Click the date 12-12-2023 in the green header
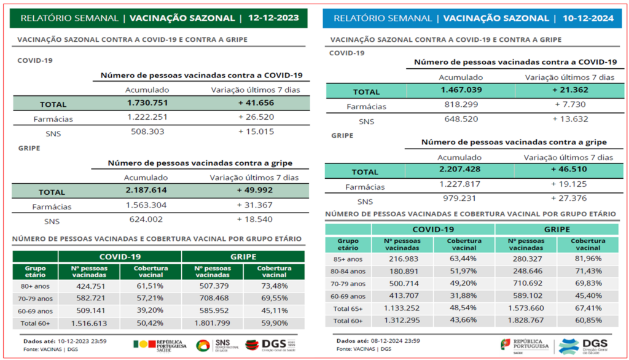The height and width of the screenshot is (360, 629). tap(273, 18)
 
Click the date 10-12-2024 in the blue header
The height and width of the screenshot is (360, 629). tap(588, 18)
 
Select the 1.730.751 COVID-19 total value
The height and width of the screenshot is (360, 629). tap(147, 103)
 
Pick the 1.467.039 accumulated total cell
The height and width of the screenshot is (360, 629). tap(460, 90)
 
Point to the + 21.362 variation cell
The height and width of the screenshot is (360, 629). tap(568, 90)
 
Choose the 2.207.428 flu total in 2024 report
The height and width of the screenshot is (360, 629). tap(460, 170)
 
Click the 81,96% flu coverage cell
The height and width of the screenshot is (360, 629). tap(587, 259)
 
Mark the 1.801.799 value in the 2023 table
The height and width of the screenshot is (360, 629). tap(212, 323)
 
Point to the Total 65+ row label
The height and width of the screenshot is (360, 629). tap(348, 308)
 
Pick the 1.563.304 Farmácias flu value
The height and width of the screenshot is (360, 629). tap(146, 206)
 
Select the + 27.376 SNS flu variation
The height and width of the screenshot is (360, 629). tap(568, 199)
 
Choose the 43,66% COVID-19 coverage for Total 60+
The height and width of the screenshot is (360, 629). tap(464, 321)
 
